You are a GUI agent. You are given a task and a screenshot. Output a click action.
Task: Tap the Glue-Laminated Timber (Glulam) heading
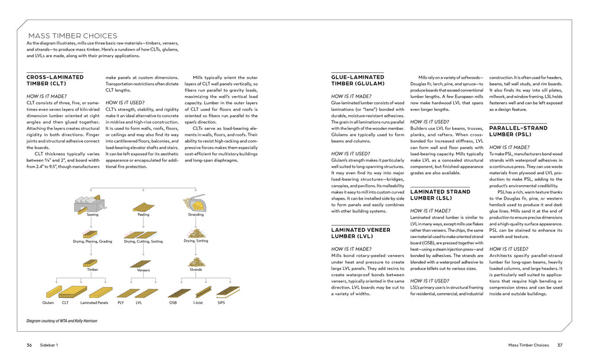[x=358, y=80]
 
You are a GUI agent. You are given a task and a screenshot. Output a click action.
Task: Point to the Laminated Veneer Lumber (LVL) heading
[x=361, y=233]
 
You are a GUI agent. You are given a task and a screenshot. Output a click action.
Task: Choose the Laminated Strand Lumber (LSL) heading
[x=440, y=195]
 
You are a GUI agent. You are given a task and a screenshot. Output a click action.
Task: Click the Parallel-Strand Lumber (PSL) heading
[x=518, y=131]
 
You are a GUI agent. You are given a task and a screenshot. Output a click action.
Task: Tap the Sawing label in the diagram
[x=92, y=215]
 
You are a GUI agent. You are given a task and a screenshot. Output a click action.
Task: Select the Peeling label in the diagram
[x=143, y=215]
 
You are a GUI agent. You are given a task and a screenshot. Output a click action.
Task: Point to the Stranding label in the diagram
[x=196, y=215]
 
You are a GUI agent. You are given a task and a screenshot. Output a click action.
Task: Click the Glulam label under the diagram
[x=48, y=302]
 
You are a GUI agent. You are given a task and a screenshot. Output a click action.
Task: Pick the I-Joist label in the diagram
[x=198, y=302]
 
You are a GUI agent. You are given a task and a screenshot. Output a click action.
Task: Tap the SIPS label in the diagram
[x=221, y=302]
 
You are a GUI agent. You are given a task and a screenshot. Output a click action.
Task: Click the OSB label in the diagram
[x=173, y=302]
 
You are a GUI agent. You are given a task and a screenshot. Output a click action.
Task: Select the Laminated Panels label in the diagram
[x=94, y=302]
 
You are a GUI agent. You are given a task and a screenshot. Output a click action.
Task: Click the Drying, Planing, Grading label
[x=93, y=242]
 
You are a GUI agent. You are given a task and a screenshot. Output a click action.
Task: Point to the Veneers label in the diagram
[x=143, y=270]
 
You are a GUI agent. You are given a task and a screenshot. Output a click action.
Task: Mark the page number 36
[x=29, y=345]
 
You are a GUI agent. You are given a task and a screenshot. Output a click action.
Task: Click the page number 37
[x=560, y=345]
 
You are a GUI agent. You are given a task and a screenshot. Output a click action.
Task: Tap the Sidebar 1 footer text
[x=49, y=345]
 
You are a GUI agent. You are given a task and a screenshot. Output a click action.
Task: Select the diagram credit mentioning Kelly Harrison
[x=62, y=321]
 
